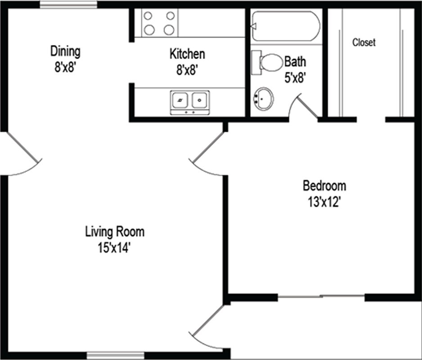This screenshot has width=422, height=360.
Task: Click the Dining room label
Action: tap(65, 51)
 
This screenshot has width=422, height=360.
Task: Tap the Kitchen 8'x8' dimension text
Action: tap(187, 70)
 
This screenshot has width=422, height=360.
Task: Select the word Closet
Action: tap(364, 42)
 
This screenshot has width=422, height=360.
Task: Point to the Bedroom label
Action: tap(324, 186)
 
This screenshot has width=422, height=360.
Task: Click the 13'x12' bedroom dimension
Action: tap(324, 202)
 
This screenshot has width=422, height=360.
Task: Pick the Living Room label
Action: tap(115, 232)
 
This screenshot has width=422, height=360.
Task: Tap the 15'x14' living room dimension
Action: tap(114, 247)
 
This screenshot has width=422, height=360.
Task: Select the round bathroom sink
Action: tap(263, 99)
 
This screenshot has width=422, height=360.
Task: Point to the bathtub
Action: tap(286, 26)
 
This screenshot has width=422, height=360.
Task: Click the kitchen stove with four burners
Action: tap(159, 23)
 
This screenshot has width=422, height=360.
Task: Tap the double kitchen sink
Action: tap(190, 102)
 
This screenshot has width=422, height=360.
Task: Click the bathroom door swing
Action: tap(304, 106)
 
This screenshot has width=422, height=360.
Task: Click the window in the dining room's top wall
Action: tap(68, 4)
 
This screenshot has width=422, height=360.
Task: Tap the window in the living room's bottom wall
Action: tap(116, 355)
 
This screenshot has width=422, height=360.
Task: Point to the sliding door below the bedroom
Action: tap(321, 297)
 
